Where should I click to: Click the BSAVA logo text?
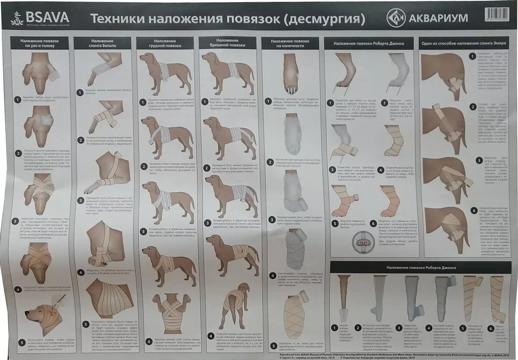47,17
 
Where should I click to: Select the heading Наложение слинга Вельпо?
102,42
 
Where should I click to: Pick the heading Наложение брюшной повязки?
227,43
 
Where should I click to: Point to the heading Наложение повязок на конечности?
290,43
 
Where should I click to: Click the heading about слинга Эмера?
464,42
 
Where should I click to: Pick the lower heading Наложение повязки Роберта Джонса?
420,268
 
